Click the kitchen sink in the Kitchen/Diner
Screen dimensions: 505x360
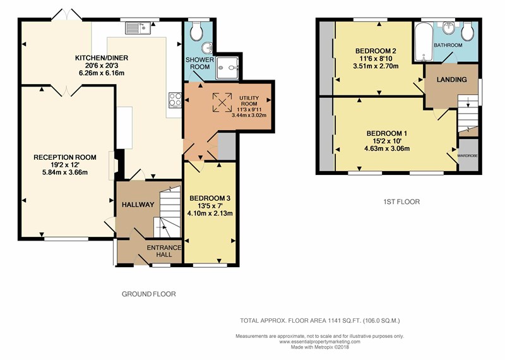(138, 28)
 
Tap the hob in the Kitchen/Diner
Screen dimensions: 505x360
(175, 99)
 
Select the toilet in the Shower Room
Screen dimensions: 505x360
(196, 30)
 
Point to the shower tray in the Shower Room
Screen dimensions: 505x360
(228, 68)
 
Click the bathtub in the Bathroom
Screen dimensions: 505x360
(423, 42)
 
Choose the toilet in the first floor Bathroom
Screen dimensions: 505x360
(467, 31)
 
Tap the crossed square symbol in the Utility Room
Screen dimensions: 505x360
(222, 102)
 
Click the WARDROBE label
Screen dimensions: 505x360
(468, 156)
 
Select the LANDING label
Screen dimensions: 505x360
(451, 80)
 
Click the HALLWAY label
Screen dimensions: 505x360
(138, 205)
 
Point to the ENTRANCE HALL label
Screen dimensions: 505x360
(164, 251)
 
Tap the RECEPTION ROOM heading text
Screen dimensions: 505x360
(65, 157)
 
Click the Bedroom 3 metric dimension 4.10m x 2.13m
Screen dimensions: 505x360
(210, 213)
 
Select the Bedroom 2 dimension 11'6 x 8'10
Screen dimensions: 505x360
(376, 59)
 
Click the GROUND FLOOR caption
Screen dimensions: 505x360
(149, 294)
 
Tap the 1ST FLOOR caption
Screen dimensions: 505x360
(401, 202)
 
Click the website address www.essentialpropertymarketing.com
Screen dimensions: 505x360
(320, 342)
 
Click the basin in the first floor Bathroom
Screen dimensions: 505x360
(448, 28)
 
